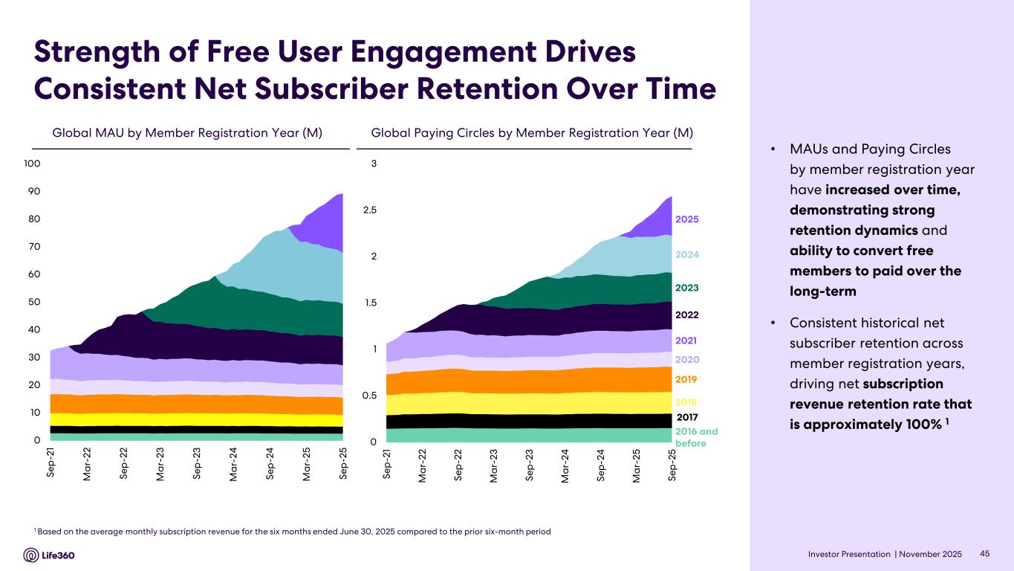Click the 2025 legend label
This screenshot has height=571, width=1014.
[687, 219]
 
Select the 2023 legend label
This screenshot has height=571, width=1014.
[687, 288]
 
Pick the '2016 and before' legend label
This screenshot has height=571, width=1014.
[696, 437]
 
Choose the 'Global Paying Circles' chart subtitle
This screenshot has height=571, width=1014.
[532, 133]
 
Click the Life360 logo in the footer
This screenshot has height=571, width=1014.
[49, 555]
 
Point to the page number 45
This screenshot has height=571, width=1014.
[986, 555]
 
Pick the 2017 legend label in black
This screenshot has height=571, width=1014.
[687, 417]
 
